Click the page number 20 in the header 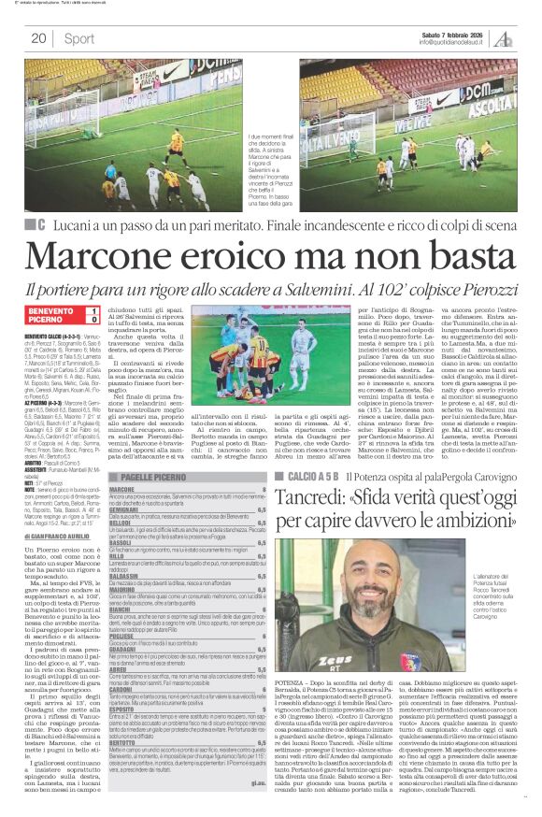38,38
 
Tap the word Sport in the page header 79,38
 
